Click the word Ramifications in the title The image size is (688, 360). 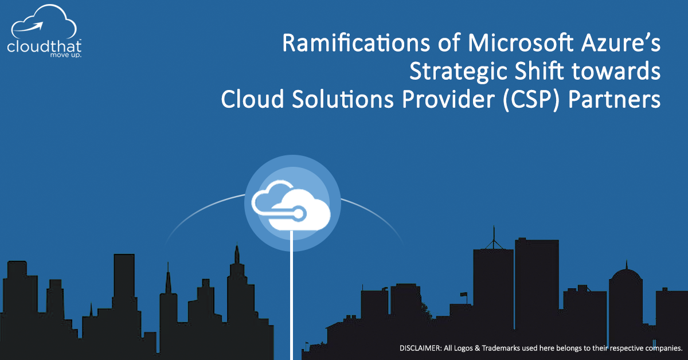pyautogui.click(x=356, y=43)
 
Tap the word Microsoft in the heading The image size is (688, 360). pyautogui.click(x=521, y=43)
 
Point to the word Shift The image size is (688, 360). pyautogui.click(x=540, y=71)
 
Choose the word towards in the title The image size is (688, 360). pyautogui.click(x=616, y=71)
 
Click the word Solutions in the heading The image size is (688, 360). pyautogui.click(x=343, y=99)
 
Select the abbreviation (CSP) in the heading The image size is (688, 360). pyautogui.click(x=531, y=100)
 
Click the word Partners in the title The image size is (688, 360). pyautogui.click(x=614, y=99)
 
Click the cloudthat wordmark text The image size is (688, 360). pyautogui.click(x=44, y=46)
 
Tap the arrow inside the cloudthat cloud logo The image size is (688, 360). pyautogui.click(x=29, y=27)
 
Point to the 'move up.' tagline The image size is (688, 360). pyautogui.click(x=66, y=55)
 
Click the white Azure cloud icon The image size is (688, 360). pyautogui.click(x=291, y=205)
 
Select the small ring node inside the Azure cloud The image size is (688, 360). pyautogui.click(x=298, y=214)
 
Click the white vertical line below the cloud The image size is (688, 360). pyautogui.click(x=291, y=295)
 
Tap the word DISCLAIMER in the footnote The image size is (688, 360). pyautogui.click(x=420, y=348)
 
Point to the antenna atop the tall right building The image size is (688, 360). pyautogui.click(x=494, y=237)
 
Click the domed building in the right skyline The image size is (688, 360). pyautogui.click(x=626, y=304)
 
